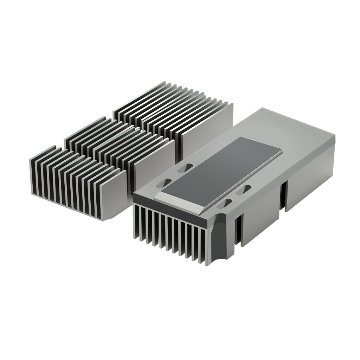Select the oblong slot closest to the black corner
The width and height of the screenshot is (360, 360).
coord(227,203)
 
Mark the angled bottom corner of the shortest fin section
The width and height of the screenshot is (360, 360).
coord(110,217)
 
